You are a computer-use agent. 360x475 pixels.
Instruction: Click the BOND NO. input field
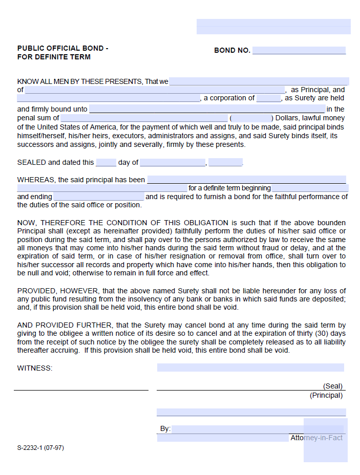click(x=299, y=50)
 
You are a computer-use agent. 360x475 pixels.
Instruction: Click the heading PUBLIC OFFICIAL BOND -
click(x=62, y=48)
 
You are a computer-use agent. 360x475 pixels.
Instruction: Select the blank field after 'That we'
click(x=259, y=81)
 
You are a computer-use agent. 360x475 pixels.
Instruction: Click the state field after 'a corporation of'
click(x=269, y=98)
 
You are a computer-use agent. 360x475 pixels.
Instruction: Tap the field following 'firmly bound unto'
click(x=207, y=109)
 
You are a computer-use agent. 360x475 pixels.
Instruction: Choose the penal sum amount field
click(x=144, y=118)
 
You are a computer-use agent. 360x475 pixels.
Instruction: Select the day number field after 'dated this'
click(x=106, y=163)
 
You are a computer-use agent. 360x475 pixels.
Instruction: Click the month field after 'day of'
click(x=173, y=163)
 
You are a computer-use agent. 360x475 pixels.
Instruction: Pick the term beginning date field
click(x=309, y=188)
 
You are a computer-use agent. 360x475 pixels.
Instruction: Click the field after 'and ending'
click(x=99, y=197)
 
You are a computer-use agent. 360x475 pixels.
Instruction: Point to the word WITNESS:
click(x=35, y=368)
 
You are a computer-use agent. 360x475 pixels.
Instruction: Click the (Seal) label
click(x=332, y=386)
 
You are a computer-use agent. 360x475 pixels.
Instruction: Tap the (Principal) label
click(x=326, y=395)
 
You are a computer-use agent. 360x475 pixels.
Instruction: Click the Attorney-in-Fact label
click(x=316, y=438)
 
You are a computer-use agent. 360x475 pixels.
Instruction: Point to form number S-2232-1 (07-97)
click(x=40, y=447)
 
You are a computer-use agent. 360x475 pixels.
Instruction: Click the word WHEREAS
click(x=36, y=180)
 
